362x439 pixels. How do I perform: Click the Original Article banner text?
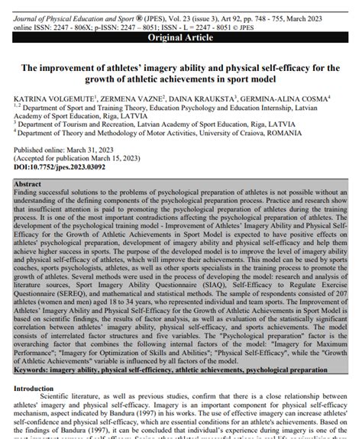[x=181, y=37]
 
